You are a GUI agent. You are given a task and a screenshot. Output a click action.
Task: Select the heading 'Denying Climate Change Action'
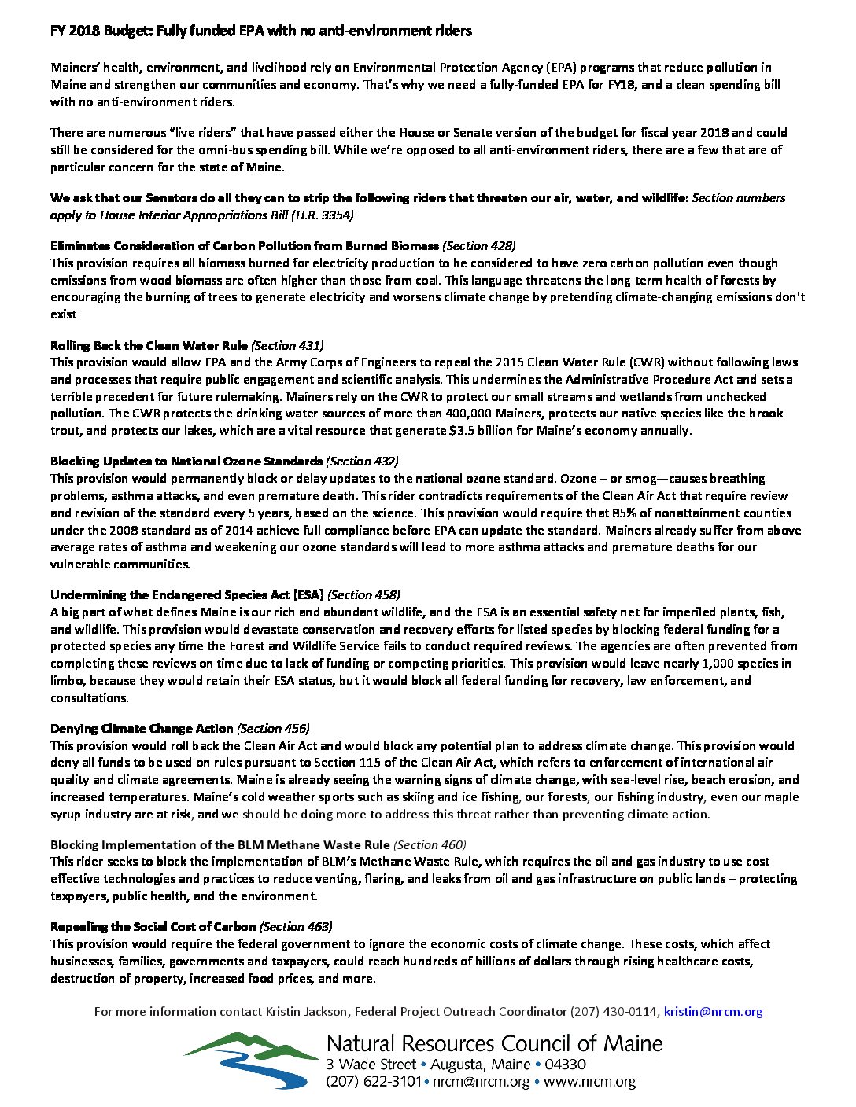(142, 729)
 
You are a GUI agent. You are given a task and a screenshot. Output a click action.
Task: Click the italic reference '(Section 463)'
(296, 927)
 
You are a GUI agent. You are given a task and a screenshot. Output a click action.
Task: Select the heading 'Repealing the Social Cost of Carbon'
(153, 927)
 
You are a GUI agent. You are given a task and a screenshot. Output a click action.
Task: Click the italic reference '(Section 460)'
(430, 845)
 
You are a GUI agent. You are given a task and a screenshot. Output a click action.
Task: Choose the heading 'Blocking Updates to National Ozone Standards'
(186, 462)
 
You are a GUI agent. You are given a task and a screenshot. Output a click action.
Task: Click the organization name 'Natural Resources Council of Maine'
(494, 1044)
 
